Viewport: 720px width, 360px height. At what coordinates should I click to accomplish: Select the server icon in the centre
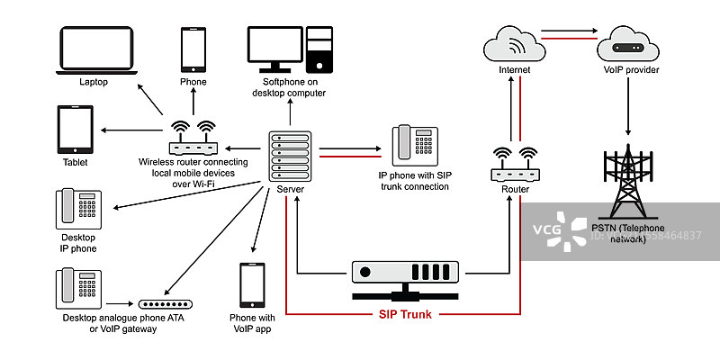point(289,157)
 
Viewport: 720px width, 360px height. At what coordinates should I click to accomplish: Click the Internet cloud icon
point(513,44)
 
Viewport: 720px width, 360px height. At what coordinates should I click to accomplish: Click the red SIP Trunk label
point(404,315)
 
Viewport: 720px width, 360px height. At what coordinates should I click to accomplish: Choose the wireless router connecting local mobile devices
point(193,140)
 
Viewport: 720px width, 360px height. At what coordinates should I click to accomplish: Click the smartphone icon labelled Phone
point(193,49)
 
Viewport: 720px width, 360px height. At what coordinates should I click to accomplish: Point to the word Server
point(289,190)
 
